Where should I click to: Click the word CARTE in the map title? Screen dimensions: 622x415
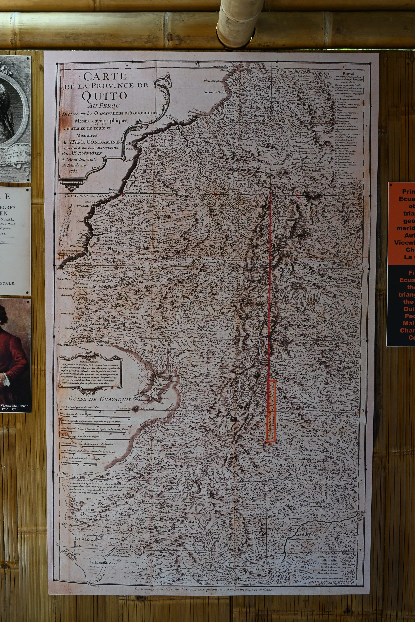pos(105,76)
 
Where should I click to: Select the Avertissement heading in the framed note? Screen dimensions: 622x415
pos(88,361)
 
